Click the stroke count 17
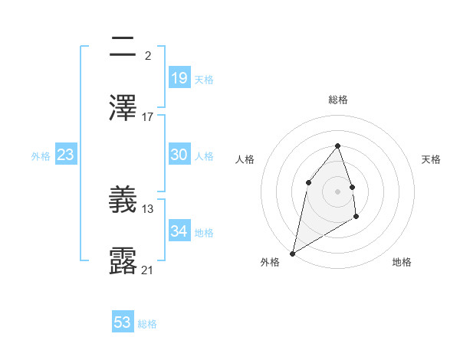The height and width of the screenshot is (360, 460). coord(148,117)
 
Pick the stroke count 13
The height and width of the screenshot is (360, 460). coord(148,208)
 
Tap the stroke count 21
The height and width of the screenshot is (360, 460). coord(148,270)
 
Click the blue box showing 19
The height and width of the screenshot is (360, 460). coord(179,77)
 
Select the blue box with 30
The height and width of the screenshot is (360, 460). coord(179,155)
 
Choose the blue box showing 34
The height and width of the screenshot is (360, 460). coord(179,231)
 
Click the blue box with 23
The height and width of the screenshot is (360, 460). coord(65,155)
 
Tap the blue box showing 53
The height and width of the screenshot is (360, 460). coord(123,322)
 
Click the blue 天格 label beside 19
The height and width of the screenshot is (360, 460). coord(204,80)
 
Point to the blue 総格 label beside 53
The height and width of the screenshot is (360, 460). coord(147,324)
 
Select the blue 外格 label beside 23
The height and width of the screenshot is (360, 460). coord(41,156)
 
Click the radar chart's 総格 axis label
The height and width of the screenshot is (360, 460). coord(338,100)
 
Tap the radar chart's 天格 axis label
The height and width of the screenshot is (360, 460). coord(431,159)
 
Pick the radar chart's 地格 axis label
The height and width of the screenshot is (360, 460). coord(402,262)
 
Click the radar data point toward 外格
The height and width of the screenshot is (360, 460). coord(293,253)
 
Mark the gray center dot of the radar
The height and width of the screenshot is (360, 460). coord(338,191)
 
